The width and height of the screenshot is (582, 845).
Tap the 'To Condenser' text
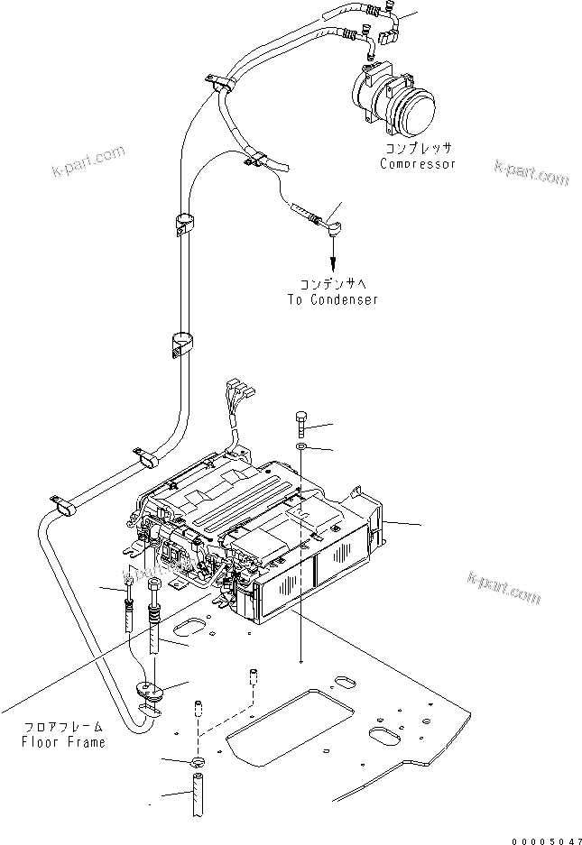333,299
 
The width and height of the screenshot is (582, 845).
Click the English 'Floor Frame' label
64,742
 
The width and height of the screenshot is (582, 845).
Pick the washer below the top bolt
300,448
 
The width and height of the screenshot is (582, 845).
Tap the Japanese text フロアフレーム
64,726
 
